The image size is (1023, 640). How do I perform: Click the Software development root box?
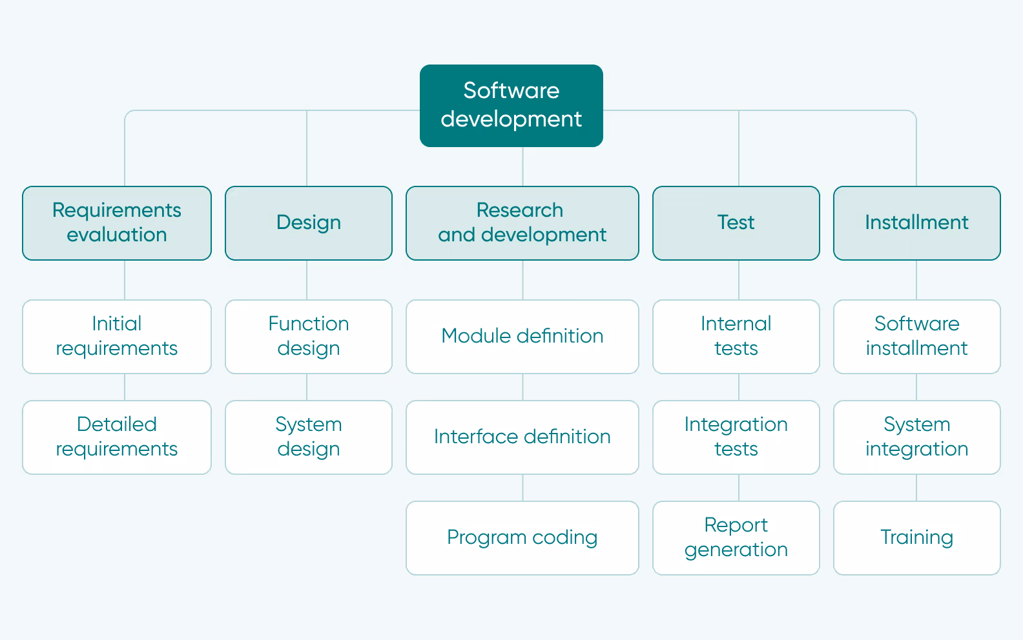point(511,105)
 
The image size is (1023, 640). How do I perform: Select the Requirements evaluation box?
point(117,223)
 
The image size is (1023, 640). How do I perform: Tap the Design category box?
point(309,223)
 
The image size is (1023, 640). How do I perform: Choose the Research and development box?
point(522,223)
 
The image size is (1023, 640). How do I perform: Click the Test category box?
point(736,223)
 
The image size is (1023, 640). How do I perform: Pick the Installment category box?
point(916,223)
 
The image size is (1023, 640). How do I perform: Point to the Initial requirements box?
point(117,336)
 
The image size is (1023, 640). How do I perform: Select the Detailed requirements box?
point(117,437)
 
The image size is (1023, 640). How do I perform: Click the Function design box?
point(309,336)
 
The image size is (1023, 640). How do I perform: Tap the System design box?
point(309,437)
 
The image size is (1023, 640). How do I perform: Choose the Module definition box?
point(522,336)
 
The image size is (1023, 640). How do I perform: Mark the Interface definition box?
point(522,437)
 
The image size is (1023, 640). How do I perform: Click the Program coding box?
point(522,537)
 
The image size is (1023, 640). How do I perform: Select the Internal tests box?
point(736,336)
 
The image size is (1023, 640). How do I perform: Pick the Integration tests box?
point(736,437)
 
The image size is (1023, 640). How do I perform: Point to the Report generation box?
point(736,537)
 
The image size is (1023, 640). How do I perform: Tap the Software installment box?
point(916,336)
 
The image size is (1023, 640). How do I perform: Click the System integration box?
point(916,437)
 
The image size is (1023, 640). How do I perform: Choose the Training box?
point(916,537)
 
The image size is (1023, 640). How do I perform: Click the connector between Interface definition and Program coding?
point(522,488)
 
